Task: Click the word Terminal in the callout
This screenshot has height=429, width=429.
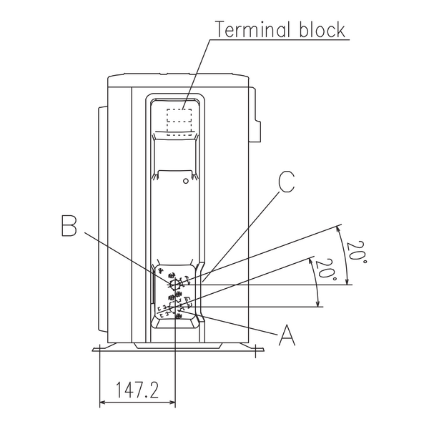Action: click(252, 29)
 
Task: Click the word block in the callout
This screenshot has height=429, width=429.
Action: click(322, 29)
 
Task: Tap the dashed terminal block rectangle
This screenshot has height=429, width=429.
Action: click(179, 122)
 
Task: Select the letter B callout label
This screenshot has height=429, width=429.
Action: click(69, 226)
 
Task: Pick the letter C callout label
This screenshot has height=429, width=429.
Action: click(286, 182)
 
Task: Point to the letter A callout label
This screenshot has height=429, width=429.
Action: click(287, 335)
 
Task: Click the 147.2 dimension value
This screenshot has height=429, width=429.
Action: click(137, 390)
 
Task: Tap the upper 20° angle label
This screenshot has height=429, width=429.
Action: click(356, 252)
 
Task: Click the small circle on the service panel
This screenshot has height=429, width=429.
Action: click(186, 181)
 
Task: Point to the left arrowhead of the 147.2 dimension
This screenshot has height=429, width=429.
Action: click(103, 402)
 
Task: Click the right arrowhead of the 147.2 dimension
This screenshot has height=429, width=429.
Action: click(172, 402)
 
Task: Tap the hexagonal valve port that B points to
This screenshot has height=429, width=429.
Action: click(175, 285)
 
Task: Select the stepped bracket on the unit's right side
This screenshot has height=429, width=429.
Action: click(255, 114)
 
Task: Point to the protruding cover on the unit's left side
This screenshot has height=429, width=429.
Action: click(102, 220)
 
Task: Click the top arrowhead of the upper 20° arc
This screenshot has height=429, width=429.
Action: click(338, 229)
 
